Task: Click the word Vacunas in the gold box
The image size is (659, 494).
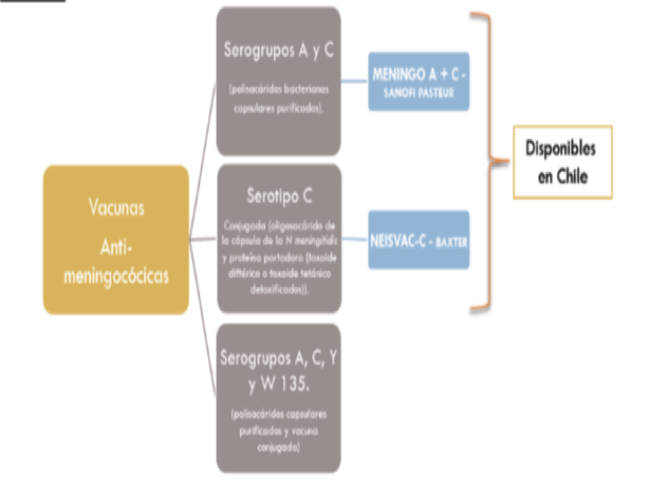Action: (116, 208)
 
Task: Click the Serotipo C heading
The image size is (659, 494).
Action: (278, 196)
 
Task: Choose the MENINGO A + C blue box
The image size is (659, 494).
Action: (419, 81)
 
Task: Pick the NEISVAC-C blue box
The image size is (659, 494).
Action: (419, 240)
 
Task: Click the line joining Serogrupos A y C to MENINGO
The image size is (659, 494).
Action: (355, 81)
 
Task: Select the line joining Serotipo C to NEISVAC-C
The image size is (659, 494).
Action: (355, 240)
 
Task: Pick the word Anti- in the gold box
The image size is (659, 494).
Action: (116, 248)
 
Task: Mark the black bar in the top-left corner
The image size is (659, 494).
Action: (32, 2)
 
